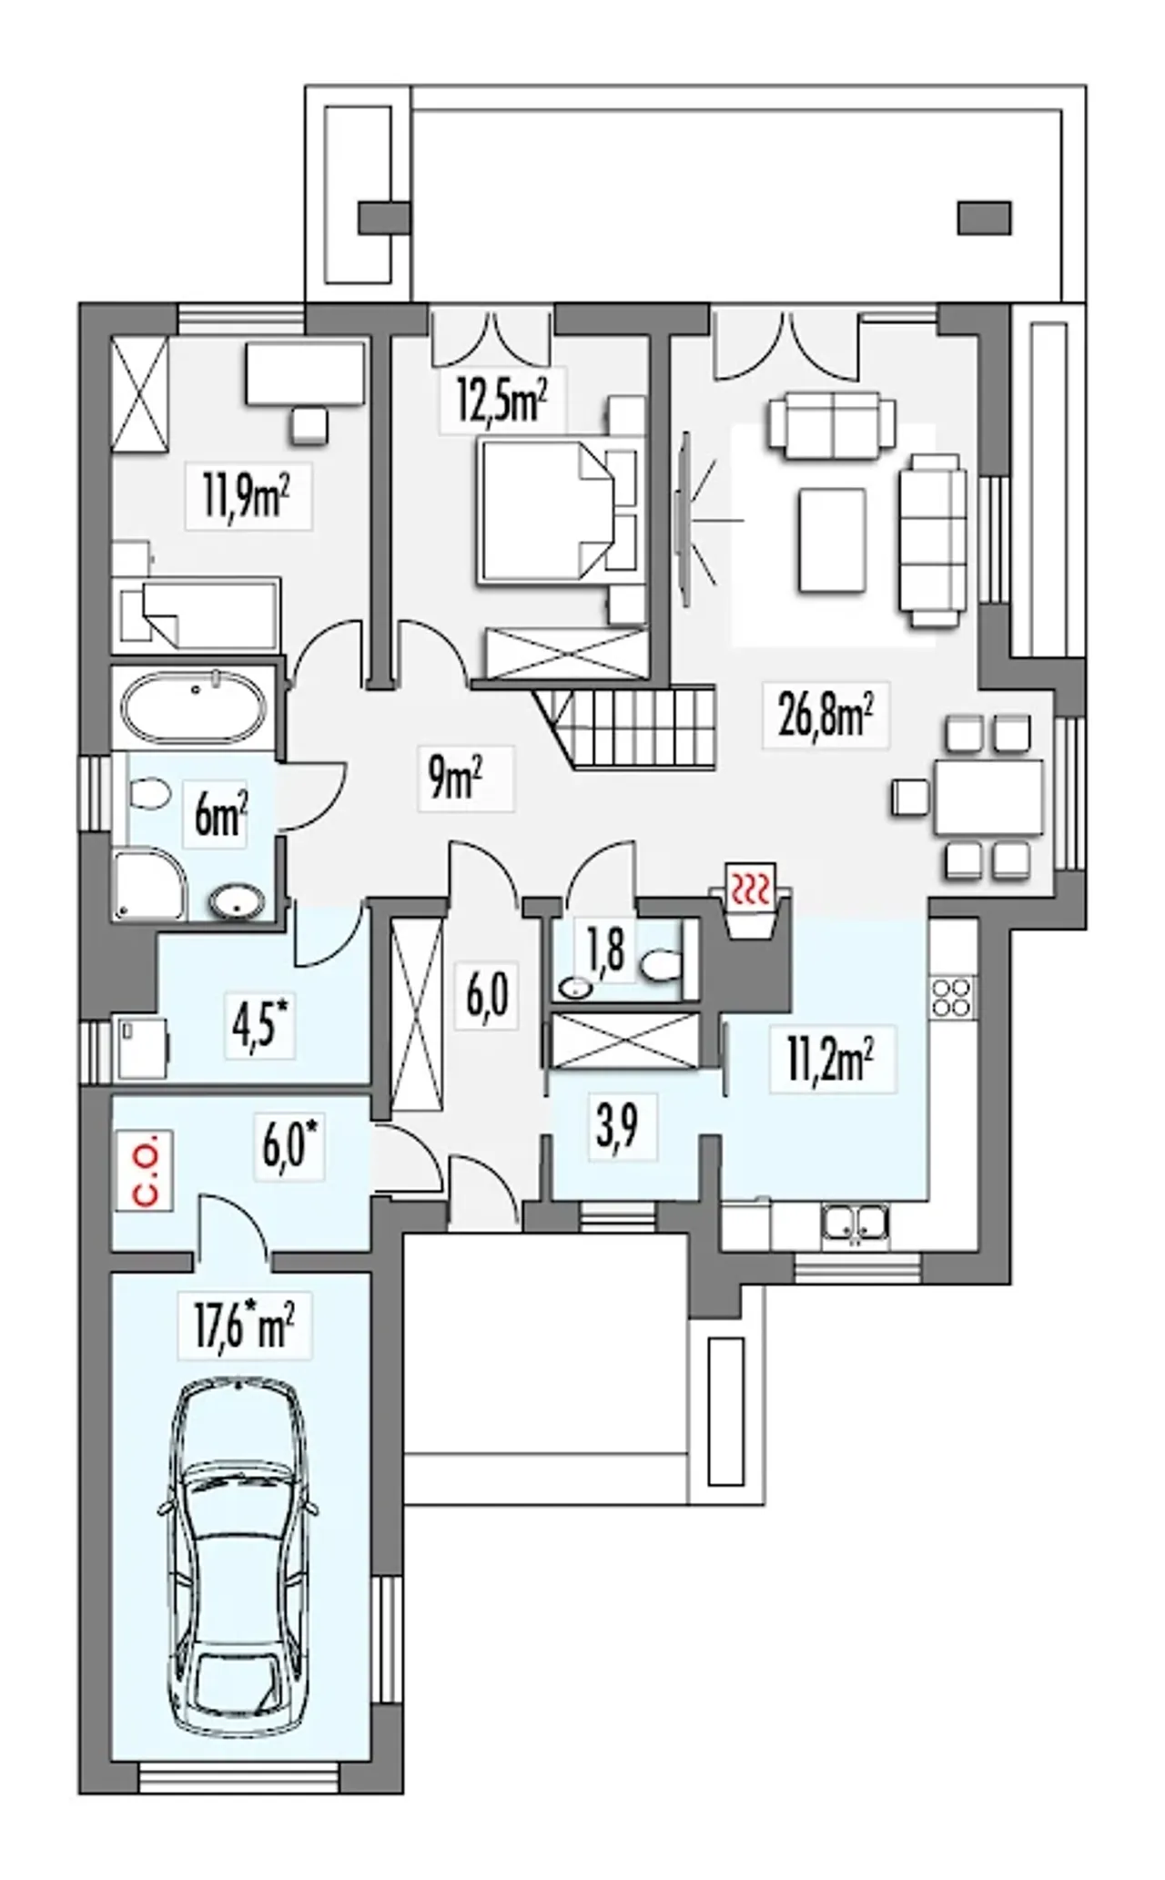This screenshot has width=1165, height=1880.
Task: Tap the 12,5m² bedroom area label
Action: [x=503, y=401]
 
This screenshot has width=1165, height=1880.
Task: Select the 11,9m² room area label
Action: [x=248, y=498]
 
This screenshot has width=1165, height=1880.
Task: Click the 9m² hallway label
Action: [x=454, y=778]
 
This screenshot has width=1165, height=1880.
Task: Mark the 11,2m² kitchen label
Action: [x=831, y=1060]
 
